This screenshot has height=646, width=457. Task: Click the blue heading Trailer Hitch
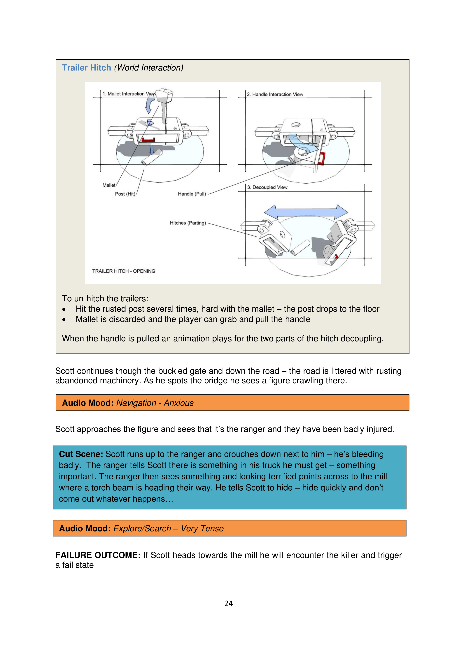[86, 68]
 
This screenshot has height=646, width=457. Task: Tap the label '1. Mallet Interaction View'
[129, 94]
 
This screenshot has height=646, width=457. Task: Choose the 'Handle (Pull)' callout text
[192, 194]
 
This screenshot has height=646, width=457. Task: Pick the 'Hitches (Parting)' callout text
[188, 223]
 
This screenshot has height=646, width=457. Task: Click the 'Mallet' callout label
[109, 185]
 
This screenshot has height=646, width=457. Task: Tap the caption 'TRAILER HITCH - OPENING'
[124, 271]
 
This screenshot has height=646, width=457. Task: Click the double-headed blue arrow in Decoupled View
[306, 212]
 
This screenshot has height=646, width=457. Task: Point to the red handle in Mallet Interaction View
[148, 140]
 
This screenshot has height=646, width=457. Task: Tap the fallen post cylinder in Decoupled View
[300, 247]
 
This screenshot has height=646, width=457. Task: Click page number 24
[228, 603]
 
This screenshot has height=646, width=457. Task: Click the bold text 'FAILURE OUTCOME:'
[98, 555]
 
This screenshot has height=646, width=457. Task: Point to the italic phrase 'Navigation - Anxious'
[155, 403]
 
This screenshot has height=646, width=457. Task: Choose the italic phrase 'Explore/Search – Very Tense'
[168, 528]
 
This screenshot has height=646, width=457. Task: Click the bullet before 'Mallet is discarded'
[64, 320]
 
